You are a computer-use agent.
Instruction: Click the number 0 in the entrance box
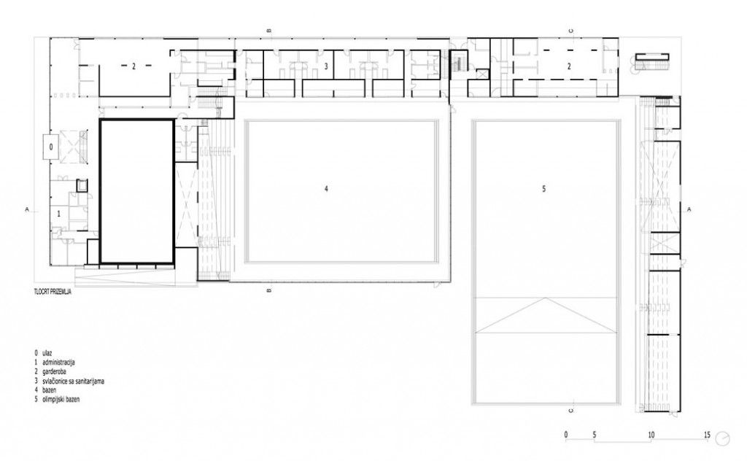51,147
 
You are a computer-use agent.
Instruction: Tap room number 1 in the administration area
58,214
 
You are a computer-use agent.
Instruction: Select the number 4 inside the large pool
326,189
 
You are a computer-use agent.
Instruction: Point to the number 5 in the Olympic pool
543,189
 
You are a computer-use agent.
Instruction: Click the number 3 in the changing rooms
326,66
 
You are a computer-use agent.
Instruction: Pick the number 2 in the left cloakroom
134,66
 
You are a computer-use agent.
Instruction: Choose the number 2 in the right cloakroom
569,66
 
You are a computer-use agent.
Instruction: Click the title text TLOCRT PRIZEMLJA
53,293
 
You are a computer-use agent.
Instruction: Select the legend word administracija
58,363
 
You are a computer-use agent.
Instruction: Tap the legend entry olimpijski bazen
61,399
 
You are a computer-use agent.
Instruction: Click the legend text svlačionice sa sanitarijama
74,381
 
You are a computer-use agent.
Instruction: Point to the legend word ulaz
47,353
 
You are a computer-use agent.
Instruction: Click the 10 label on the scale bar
651,435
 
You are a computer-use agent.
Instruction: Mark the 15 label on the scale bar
707,435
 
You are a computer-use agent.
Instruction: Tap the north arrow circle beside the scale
724,438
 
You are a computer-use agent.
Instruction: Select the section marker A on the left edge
27,209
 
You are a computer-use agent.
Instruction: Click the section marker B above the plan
269,31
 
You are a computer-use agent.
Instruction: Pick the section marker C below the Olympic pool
570,410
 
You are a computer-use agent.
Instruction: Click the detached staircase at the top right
653,62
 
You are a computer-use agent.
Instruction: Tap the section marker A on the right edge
689,209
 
